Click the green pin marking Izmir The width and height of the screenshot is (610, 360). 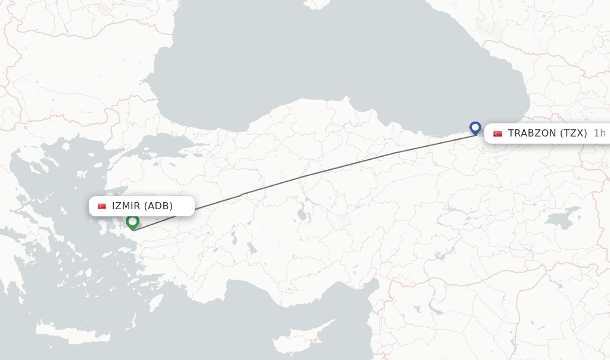coord(132,222)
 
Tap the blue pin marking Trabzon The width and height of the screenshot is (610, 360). coord(475,128)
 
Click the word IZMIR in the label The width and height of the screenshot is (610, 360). coord(126,206)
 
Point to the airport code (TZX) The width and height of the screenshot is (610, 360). coord(574,134)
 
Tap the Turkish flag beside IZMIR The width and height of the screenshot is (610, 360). coord(102,206)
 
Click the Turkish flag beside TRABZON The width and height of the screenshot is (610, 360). coord(497,134)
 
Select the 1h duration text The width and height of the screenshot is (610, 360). coord(599,134)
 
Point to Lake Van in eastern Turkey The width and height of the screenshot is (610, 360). coord(563,218)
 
